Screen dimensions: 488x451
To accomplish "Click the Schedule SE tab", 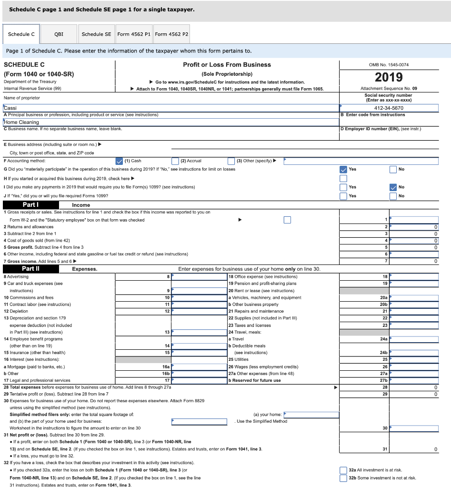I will [x=96, y=34].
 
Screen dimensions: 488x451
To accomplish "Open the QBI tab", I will [x=59, y=34].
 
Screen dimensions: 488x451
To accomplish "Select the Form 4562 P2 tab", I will [x=171, y=34].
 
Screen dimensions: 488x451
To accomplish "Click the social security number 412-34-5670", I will [x=389, y=108].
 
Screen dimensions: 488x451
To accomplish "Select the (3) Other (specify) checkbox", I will [x=231, y=161].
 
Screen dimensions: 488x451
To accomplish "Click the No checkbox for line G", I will [x=393, y=169].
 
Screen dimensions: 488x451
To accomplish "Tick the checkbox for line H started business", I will [x=343, y=178].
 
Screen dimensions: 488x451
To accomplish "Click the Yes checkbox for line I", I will [x=343, y=187].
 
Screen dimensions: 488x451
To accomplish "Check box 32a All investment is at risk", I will [x=343, y=470].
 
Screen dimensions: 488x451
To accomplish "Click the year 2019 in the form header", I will [x=389, y=77].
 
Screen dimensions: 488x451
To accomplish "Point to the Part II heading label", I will [x=31, y=269].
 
